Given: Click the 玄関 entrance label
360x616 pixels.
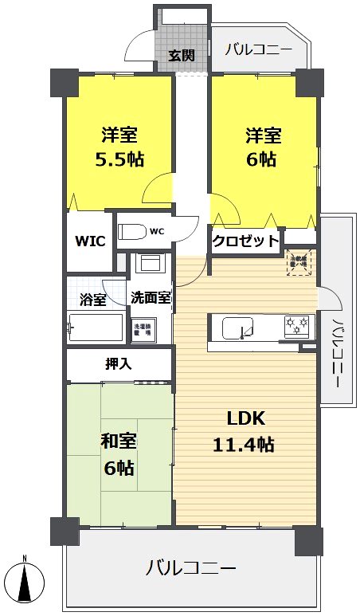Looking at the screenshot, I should click(182, 55).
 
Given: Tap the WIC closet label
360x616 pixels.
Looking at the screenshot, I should click(91, 241).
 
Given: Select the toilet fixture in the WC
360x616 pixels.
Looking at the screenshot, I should click(135, 232).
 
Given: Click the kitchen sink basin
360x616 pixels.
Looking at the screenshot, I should click(237, 328).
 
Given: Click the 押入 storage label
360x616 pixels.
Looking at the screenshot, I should click(119, 363).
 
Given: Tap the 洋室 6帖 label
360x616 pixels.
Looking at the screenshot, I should click(261, 147).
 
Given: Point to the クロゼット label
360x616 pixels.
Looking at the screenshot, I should click(245, 240).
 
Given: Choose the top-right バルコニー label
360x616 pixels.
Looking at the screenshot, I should click(257, 49).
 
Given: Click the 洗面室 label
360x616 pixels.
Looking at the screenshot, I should click(151, 298).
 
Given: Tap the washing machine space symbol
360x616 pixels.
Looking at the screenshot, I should click(143, 328).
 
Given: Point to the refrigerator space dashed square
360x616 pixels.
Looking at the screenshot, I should click(301, 264).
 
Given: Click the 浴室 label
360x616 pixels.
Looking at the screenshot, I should click(93, 300).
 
